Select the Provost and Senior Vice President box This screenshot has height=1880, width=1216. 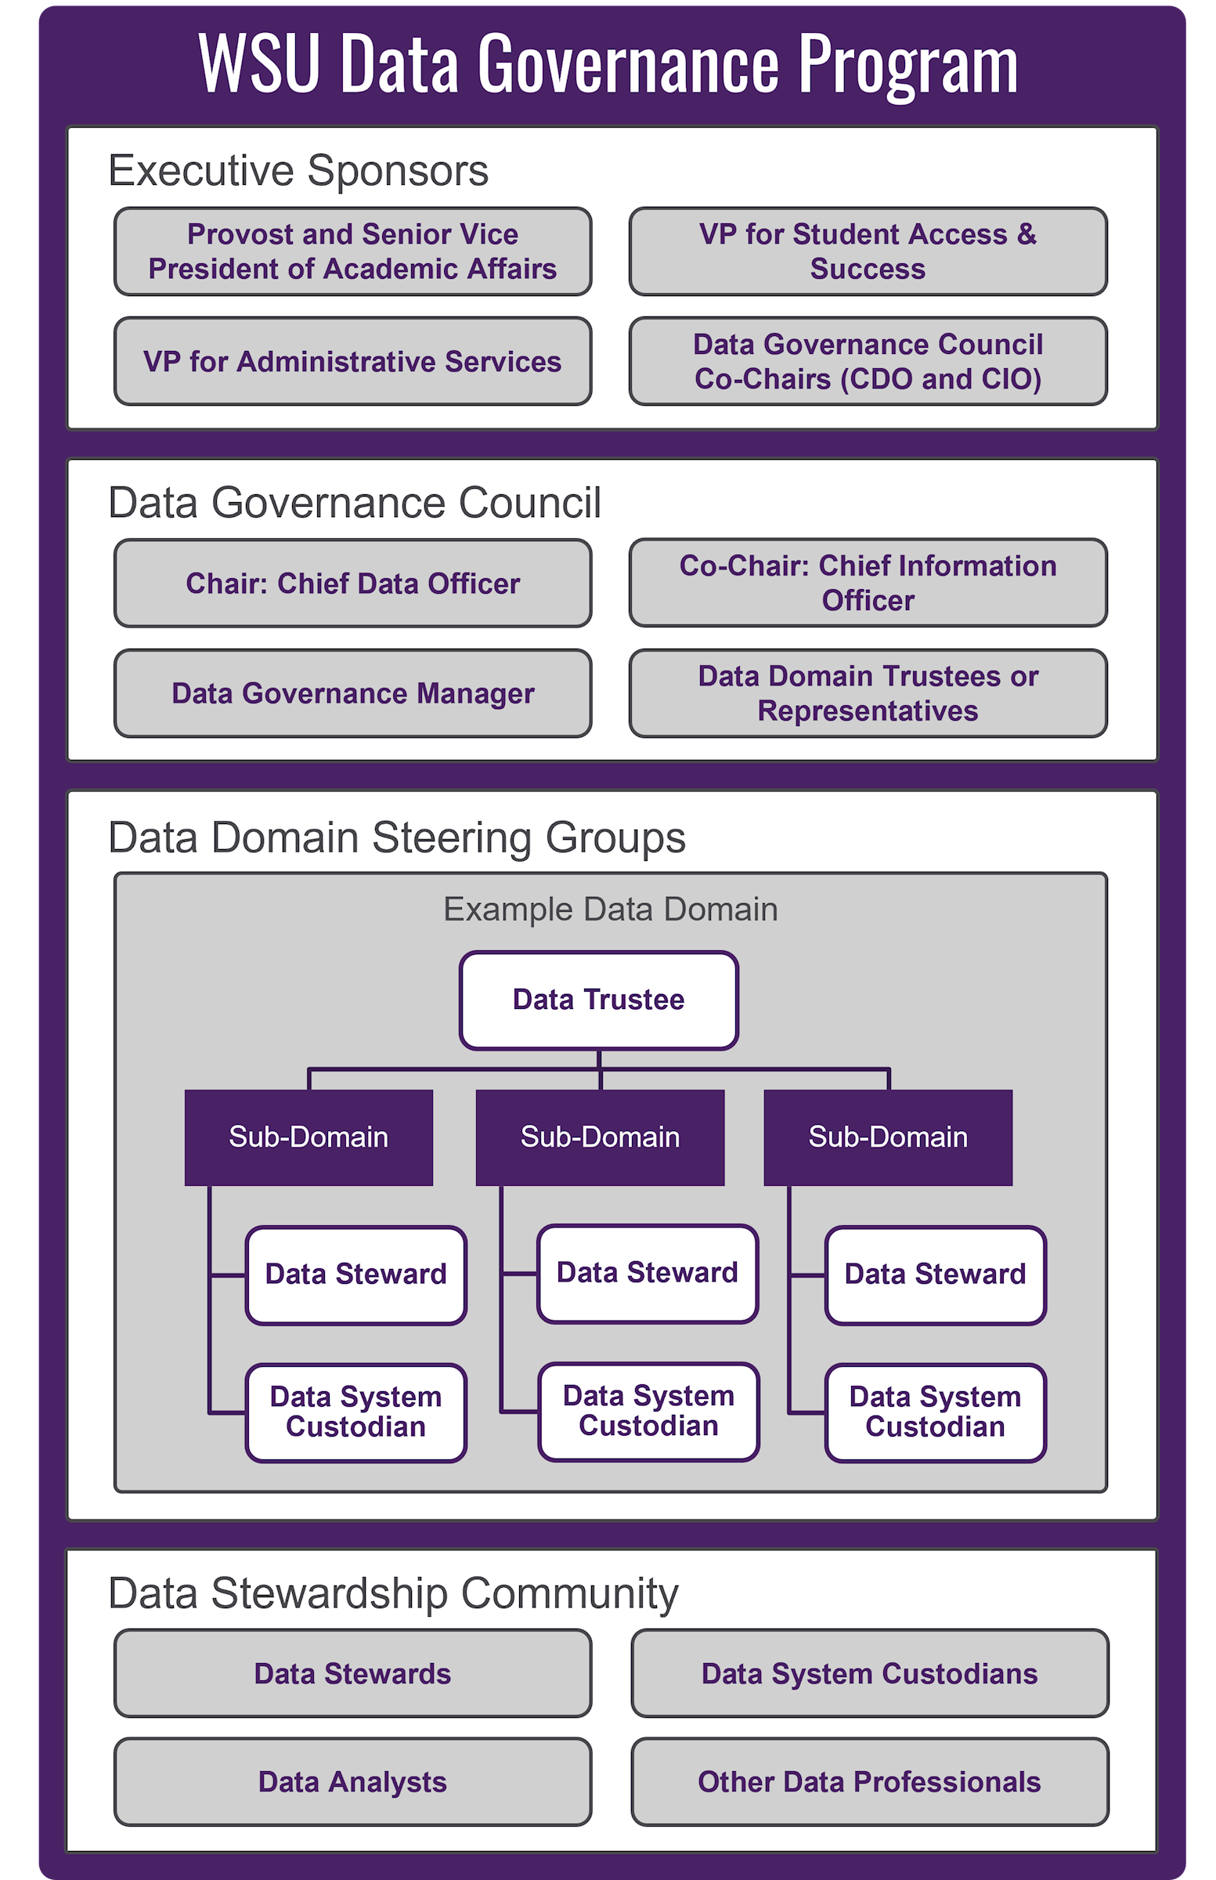[x=352, y=251]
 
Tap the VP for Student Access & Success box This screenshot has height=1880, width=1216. [x=867, y=251]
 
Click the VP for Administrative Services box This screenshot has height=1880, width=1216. [x=352, y=361]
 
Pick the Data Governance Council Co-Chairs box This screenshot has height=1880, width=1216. [x=867, y=361]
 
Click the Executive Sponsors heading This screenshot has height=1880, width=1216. [x=298, y=171]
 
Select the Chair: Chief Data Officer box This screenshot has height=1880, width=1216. [x=352, y=583]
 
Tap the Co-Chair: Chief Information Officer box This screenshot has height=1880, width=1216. [x=867, y=583]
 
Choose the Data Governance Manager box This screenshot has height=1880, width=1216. [x=352, y=692]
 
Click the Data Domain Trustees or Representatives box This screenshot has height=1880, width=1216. [x=867, y=692]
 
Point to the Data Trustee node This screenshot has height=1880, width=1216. [x=597, y=1000]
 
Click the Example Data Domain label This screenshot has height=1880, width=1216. [x=610, y=909]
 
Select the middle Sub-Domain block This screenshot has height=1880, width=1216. [x=599, y=1137]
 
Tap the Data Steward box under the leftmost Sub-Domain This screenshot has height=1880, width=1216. [x=355, y=1274]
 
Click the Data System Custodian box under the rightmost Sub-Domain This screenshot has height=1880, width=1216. [x=935, y=1412]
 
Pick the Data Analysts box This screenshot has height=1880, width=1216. [x=352, y=1781]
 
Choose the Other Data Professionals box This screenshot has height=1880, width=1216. [x=868, y=1781]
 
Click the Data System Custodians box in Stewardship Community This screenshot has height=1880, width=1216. [x=868, y=1673]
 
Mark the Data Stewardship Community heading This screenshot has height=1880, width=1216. [x=392, y=1593]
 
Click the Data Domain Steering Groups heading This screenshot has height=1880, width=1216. [x=396, y=837]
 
